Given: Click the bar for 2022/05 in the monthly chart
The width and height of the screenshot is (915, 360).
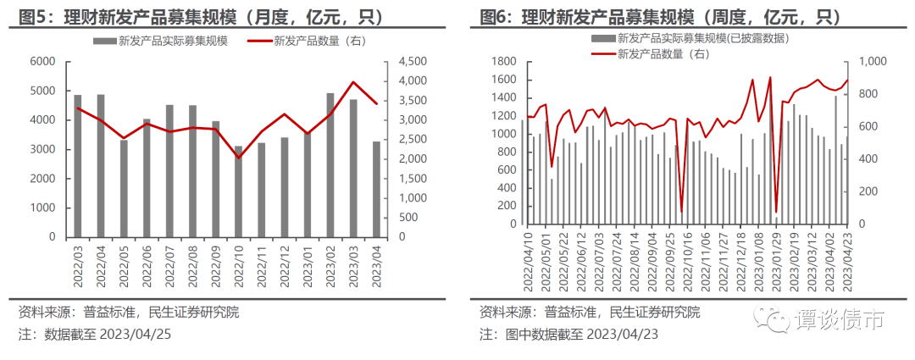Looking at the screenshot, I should [x=124, y=188].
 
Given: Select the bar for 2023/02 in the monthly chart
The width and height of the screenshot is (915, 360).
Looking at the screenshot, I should [x=330, y=164].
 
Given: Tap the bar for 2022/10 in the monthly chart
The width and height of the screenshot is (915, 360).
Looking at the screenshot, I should [x=238, y=191].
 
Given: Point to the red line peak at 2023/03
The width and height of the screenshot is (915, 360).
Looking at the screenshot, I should [x=353, y=82].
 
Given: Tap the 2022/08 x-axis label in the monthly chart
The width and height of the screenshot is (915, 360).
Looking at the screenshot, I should [x=193, y=266].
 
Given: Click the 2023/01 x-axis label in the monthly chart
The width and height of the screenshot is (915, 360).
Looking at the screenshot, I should [x=308, y=266].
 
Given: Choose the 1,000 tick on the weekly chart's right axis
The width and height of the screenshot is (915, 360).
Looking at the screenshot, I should [x=873, y=61].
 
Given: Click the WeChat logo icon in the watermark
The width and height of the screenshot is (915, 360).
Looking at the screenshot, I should [x=774, y=318].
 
